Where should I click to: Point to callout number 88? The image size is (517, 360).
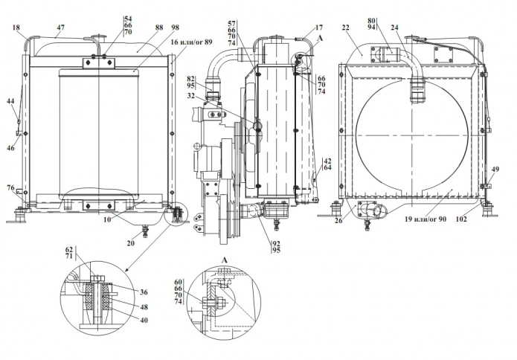[138, 28]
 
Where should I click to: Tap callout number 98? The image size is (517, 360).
[175, 28]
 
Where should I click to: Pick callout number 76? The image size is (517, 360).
[10, 189]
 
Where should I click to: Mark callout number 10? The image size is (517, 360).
[108, 221]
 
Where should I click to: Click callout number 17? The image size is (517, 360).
[309, 28]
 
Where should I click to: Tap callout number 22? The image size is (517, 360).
[346, 28]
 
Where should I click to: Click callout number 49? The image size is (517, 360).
[495, 170]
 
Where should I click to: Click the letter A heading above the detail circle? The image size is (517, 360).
[222, 260]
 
